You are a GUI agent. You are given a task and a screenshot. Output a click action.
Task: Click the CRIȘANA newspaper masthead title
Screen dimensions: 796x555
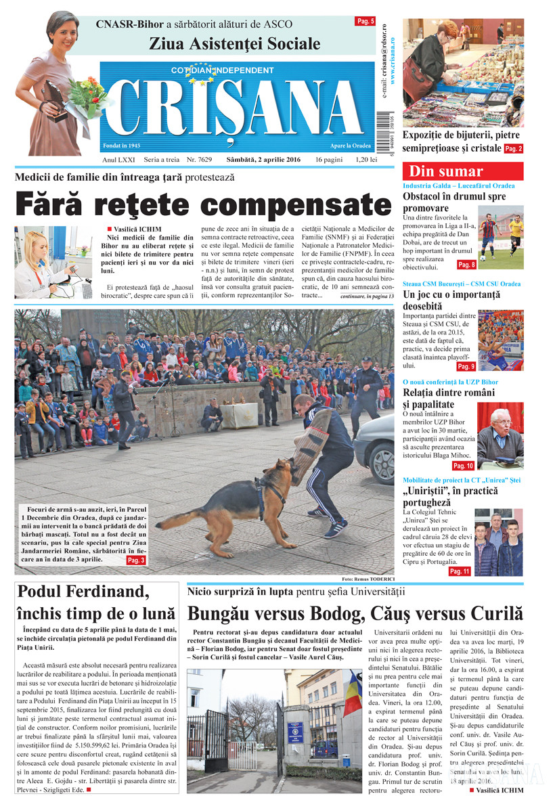click(237, 108)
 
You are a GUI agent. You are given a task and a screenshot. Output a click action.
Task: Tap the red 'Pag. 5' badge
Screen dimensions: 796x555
click(365, 22)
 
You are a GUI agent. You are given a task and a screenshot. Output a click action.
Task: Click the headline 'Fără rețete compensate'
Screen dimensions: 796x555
click(204, 204)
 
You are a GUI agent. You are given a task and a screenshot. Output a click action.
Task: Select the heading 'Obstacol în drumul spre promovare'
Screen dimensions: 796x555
click(454, 202)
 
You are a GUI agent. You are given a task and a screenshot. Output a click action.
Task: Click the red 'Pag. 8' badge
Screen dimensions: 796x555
click(466, 265)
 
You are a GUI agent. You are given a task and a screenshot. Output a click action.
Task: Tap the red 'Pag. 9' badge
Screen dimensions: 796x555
click(466, 366)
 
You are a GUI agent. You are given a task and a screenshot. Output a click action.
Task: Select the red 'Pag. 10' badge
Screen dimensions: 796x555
click(463, 466)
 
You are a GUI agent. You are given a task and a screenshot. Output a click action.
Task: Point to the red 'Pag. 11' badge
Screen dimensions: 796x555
click(460, 571)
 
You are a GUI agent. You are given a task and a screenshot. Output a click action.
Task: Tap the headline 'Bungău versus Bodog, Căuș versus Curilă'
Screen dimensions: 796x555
click(355, 614)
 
